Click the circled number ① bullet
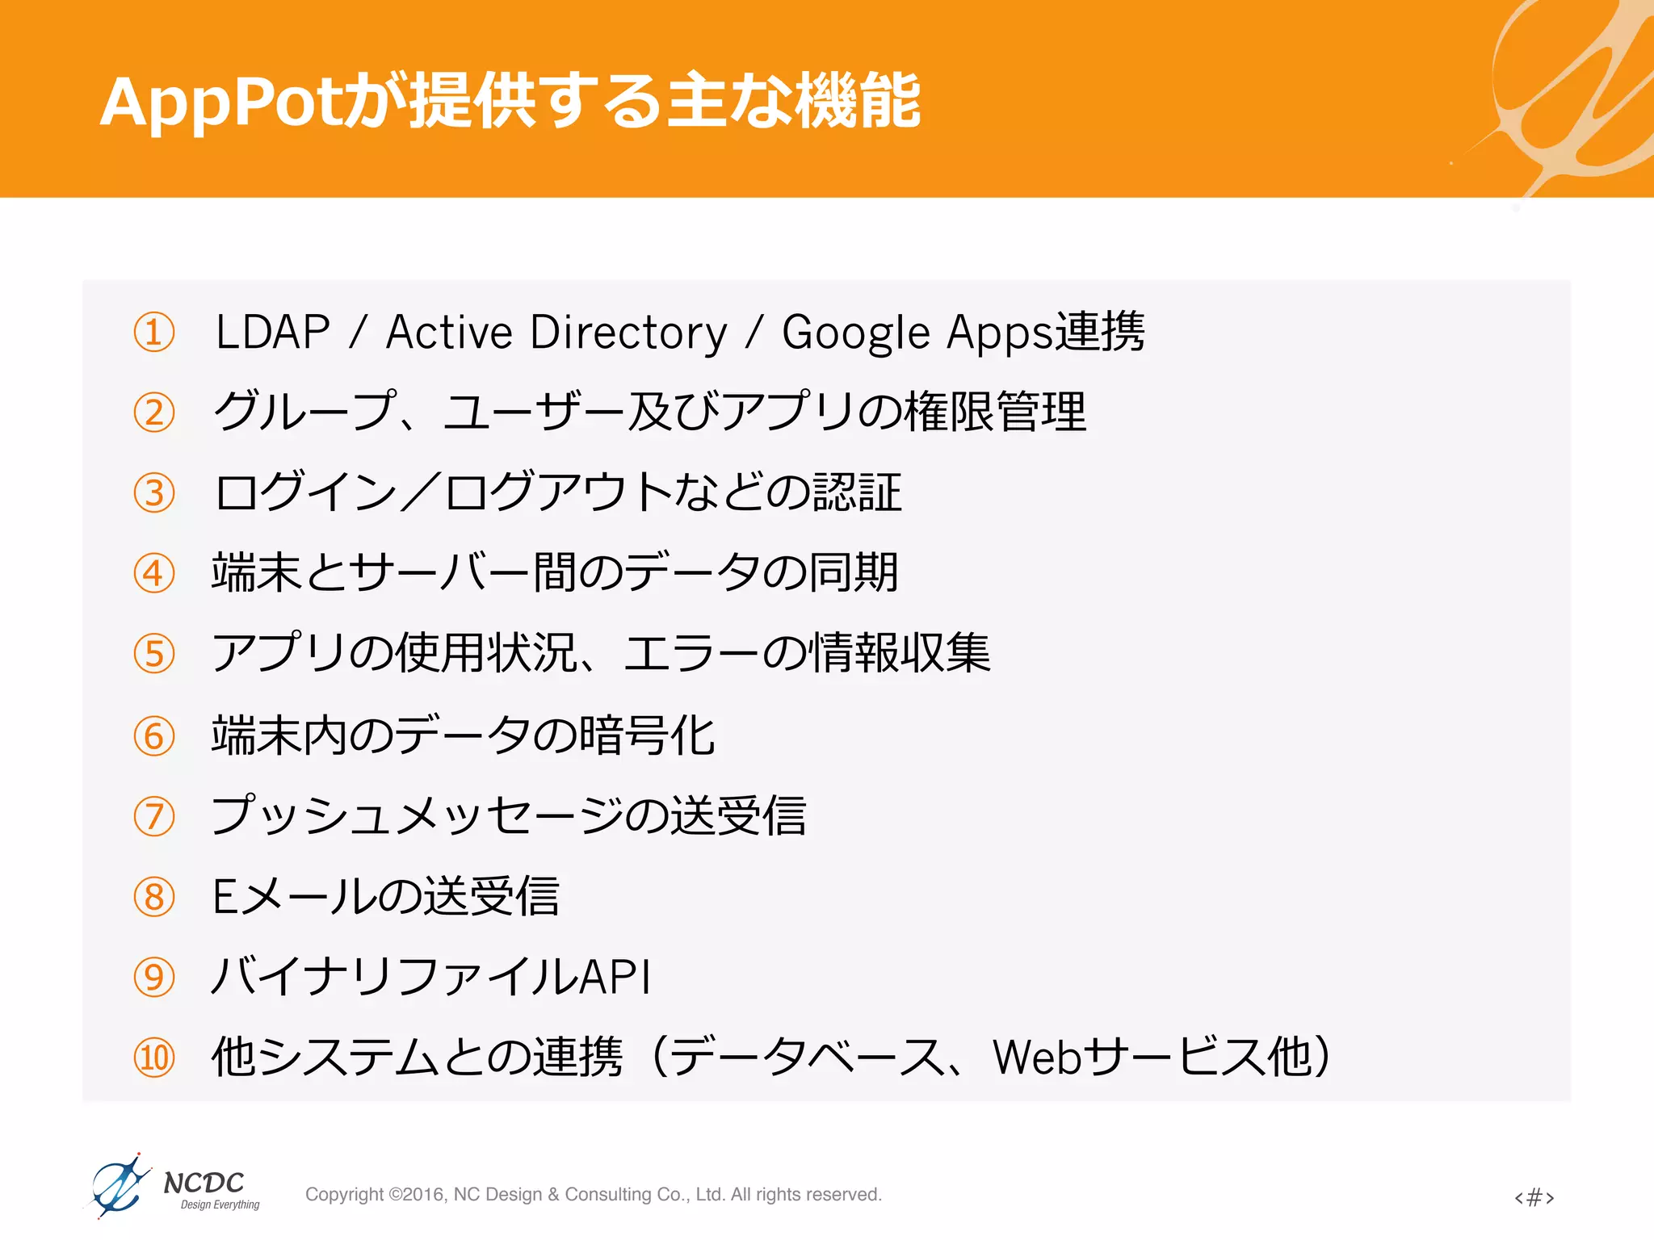pos(154,333)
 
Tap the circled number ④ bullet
pos(154,573)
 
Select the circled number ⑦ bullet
pos(154,816)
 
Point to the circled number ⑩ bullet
pos(154,1058)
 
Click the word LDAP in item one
pos(273,333)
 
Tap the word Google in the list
pos(856,333)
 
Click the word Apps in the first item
pos(1001,333)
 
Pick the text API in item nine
pos(615,977)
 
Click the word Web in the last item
pos(1036,1058)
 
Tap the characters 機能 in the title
pos(858,102)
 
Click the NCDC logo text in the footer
pos(204,1183)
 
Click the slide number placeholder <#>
pos(1534,1196)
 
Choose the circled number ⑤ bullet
pos(154,654)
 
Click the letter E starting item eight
pos(224,897)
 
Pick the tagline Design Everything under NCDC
pos(220,1205)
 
